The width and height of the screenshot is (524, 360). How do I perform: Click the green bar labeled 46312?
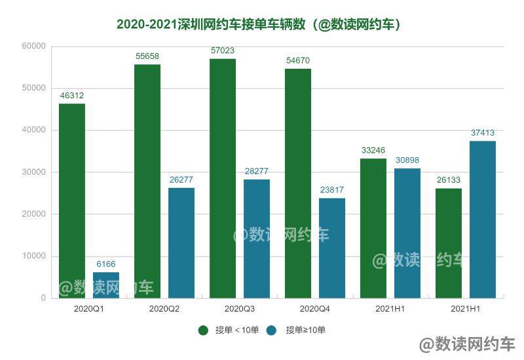(x=72, y=200)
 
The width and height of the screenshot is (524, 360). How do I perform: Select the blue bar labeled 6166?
(x=106, y=285)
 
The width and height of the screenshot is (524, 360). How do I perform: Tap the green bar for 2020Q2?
(x=147, y=181)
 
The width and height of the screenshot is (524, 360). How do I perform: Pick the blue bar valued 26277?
(x=181, y=242)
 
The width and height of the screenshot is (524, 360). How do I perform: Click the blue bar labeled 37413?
(x=483, y=219)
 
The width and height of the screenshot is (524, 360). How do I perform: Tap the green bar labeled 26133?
(x=449, y=243)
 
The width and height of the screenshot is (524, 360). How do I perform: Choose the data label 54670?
(x=298, y=61)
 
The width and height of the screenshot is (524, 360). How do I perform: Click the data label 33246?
(x=373, y=151)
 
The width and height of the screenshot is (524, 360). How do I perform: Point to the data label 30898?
(x=407, y=160)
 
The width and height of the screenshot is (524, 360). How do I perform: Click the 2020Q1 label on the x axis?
(x=89, y=308)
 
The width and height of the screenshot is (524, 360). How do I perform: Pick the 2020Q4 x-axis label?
(x=315, y=308)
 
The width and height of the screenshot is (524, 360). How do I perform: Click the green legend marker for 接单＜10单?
(x=204, y=331)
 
